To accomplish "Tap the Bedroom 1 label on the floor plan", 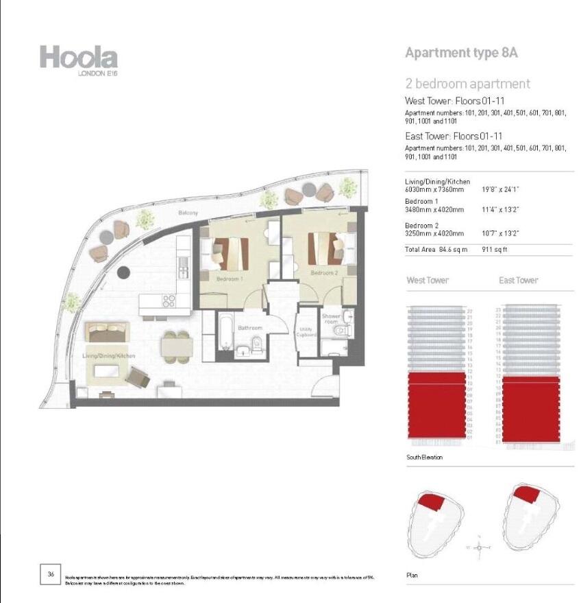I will coord(231,279).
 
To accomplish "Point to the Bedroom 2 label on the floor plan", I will coord(324,273).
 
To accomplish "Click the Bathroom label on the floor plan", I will coord(250,328).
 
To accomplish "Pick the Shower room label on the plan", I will coord(331,319).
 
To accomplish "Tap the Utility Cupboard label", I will coord(306,333).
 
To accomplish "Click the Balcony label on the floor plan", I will coord(188,213).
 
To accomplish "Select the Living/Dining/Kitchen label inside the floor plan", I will coord(109,356).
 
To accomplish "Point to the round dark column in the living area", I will coord(123,272).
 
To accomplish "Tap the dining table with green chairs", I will coord(175,346).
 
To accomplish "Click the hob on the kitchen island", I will coord(166,301).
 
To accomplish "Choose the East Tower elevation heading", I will coord(519,281).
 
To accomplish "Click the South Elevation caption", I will coord(424,457).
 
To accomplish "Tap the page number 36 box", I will coord(51,574).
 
